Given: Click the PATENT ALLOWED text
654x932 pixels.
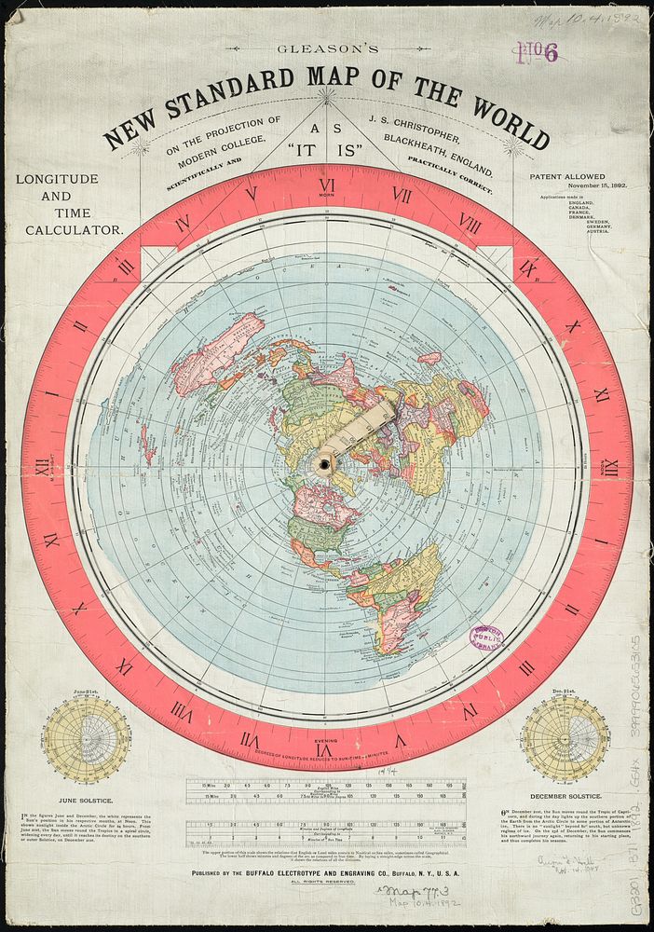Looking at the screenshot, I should (x=567, y=176).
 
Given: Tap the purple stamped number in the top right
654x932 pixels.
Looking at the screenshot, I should (x=539, y=53).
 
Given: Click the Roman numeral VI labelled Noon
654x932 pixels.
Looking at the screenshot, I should (x=326, y=185).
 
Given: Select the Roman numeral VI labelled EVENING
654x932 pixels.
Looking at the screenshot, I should (x=324, y=748).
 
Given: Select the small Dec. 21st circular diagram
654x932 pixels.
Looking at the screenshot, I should (x=565, y=738).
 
